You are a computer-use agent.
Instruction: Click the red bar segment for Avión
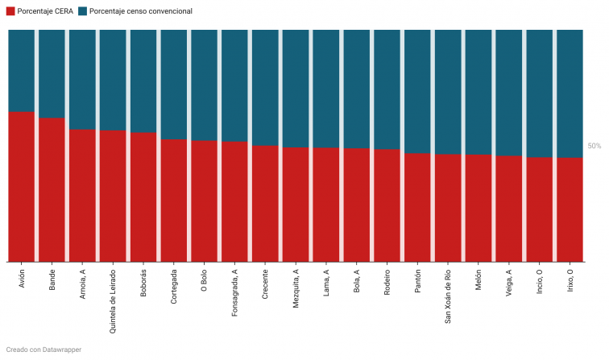coord(21,187)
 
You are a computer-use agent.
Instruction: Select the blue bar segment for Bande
coord(52,73)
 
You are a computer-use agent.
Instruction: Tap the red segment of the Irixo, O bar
coord(570,209)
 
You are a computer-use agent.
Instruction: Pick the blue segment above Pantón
coord(417,91)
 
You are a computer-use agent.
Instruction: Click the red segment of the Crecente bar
coord(265,204)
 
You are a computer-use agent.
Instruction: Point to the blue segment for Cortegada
coord(174,85)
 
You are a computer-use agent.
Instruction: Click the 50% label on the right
coord(594,147)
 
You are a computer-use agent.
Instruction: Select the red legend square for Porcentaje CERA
coord(10,11)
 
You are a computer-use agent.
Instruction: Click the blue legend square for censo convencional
coord(83,11)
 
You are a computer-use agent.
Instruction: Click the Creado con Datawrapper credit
coord(43,350)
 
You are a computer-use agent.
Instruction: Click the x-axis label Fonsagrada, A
coord(234,289)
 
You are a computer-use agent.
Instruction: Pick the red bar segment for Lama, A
coord(326,205)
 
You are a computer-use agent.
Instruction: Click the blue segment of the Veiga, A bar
coord(508,93)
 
